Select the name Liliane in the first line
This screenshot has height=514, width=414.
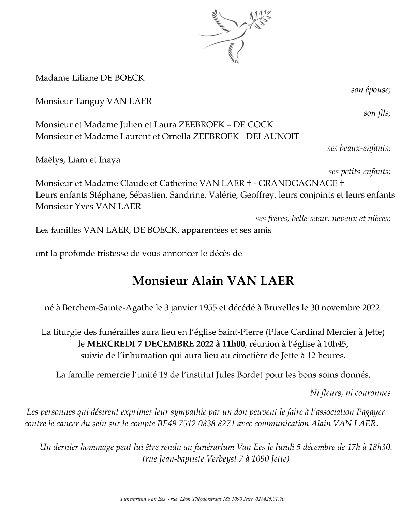click(x=84, y=78)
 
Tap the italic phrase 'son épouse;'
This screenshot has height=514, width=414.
click(x=371, y=90)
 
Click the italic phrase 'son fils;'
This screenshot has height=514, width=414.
click(x=377, y=113)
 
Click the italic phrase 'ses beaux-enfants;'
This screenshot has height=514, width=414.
click(x=359, y=148)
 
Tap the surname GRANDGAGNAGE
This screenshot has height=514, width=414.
click(x=298, y=183)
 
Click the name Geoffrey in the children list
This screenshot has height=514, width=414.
click(x=258, y=195)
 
